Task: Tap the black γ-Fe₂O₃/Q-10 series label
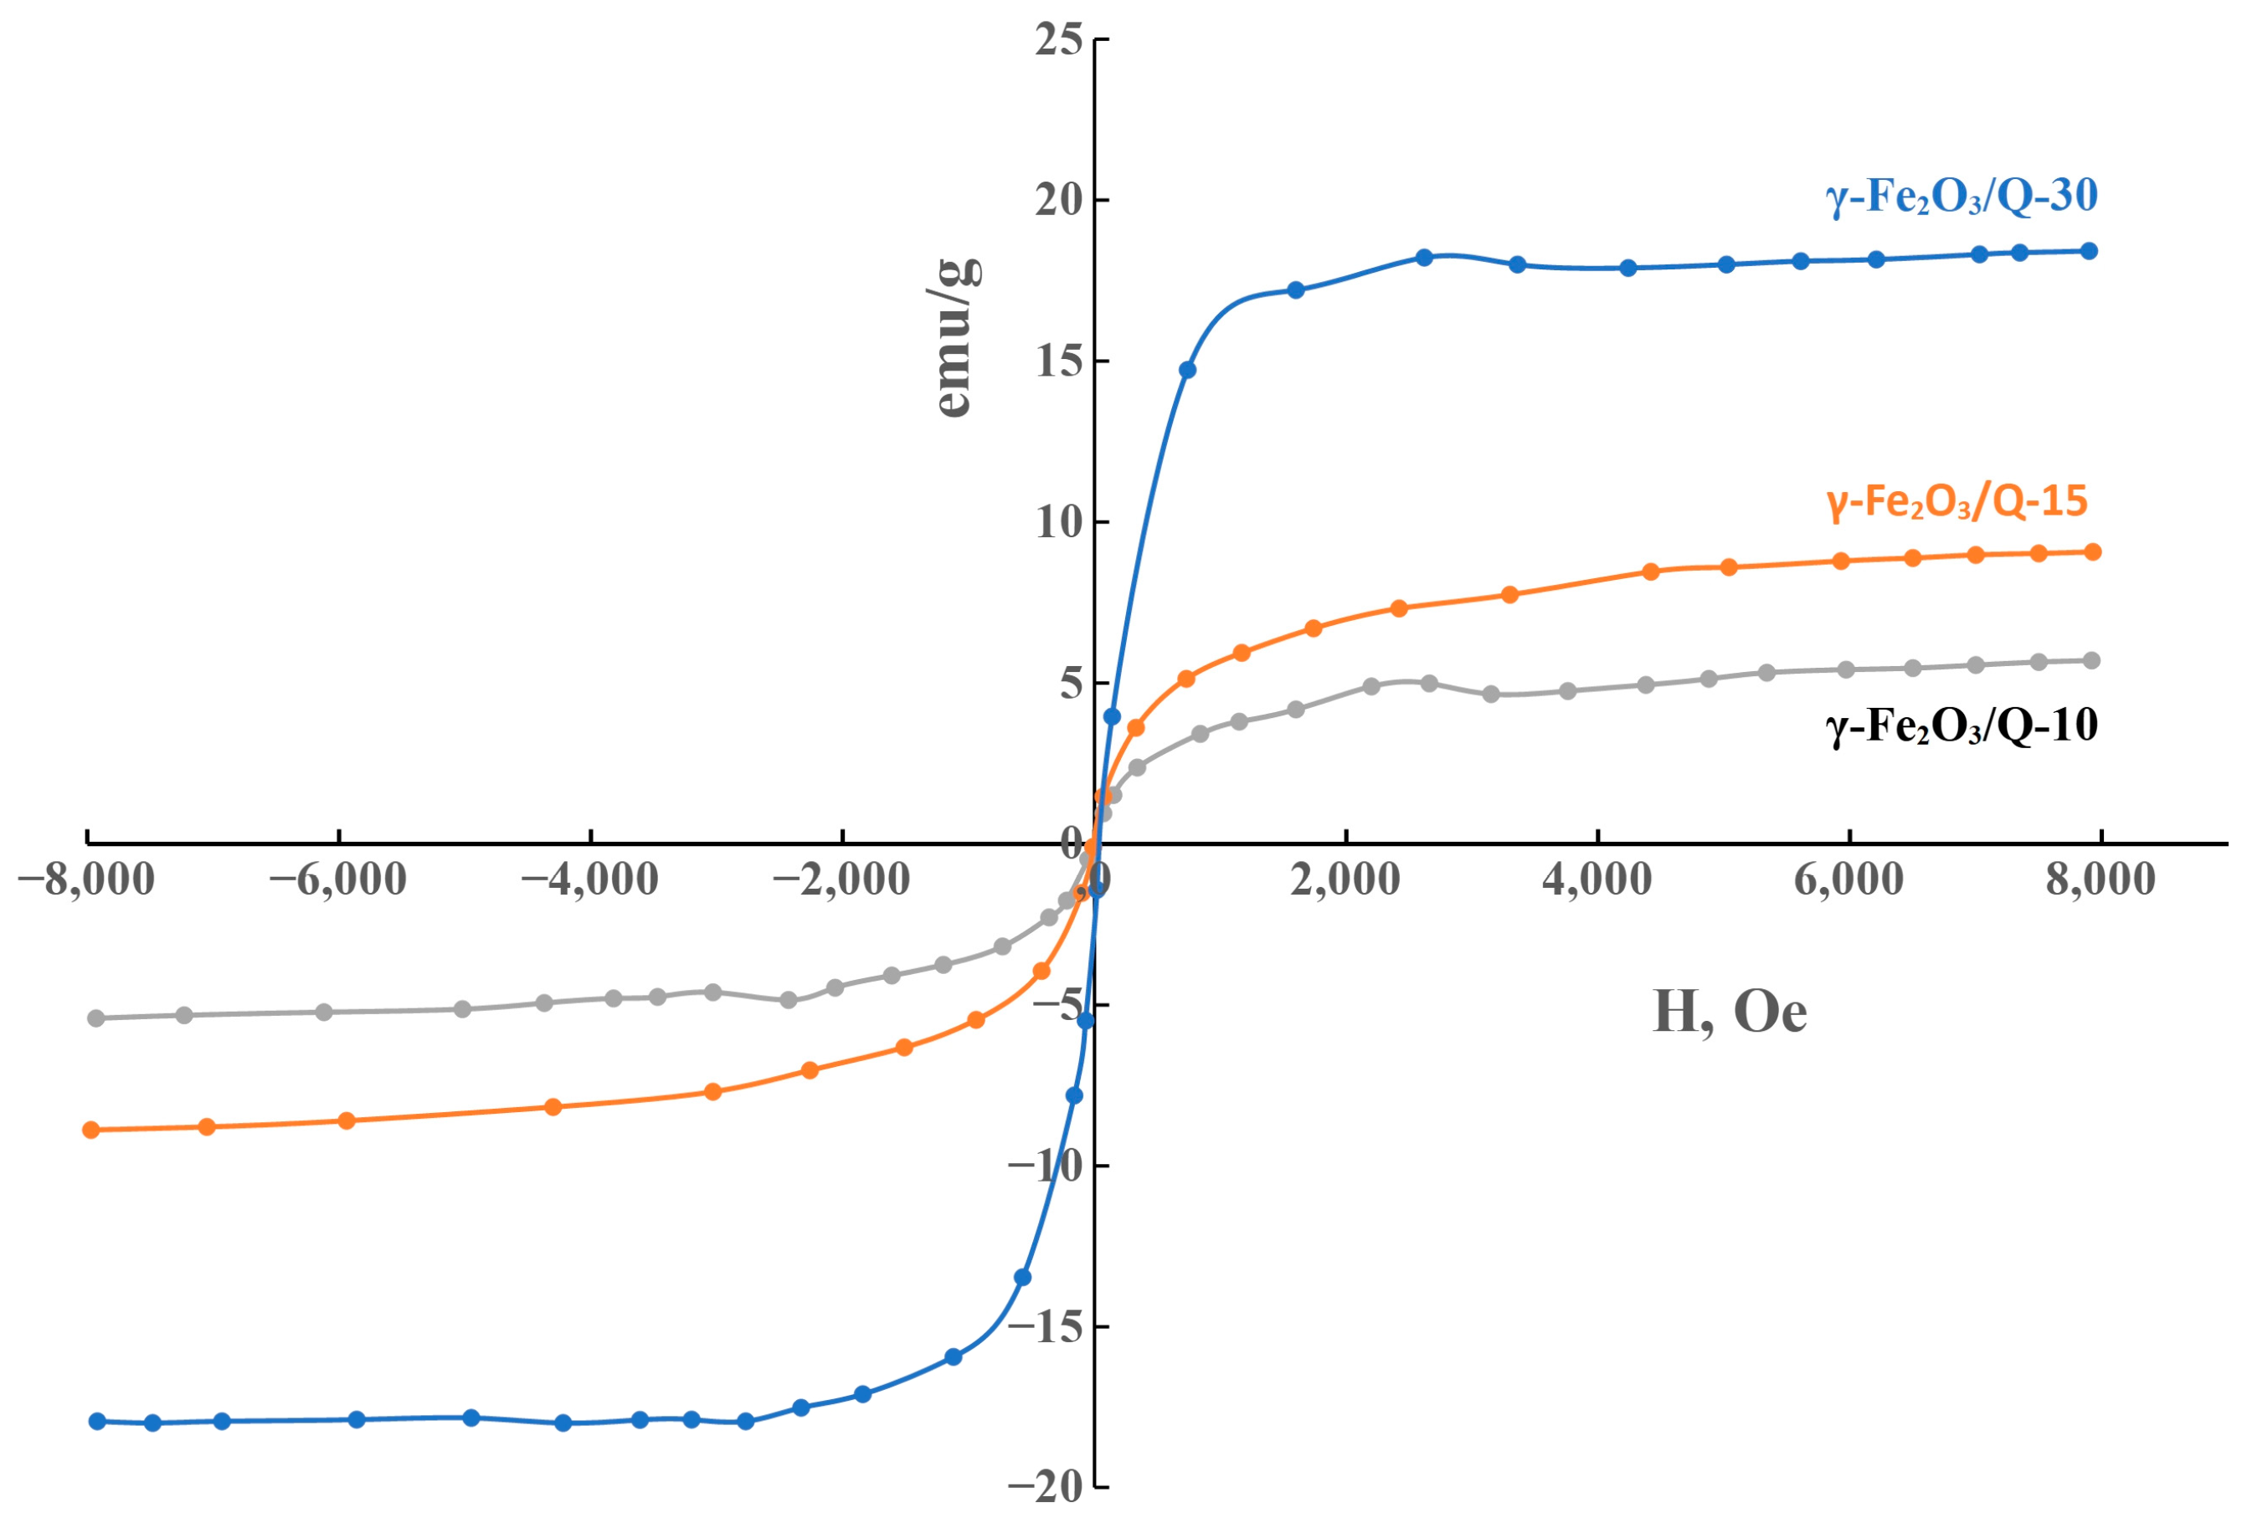[1961, 726]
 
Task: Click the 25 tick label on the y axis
[1059, 41]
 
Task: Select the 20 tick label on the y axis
[1059, 201]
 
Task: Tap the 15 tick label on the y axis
[1059, 362]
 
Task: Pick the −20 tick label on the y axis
[1046, 1487]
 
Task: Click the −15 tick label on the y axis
[1046, 1327]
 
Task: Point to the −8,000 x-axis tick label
[86, 880]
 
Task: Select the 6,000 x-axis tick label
[1849, 880]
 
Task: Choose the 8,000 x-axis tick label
[2100, 880]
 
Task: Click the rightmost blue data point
[2089, 251]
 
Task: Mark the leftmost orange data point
[91, 1130]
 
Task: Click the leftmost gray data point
[95, 1018]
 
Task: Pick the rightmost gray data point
[2091, 661]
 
